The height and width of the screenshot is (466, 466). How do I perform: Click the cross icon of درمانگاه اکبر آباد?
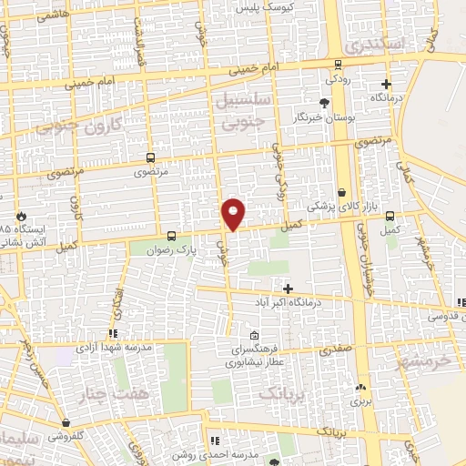click(288, 288)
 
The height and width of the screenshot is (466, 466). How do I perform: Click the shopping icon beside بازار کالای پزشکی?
click(342, 193)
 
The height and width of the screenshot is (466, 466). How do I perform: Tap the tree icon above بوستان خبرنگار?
click(324, 103)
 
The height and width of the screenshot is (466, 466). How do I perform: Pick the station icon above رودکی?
click(339, 64)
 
